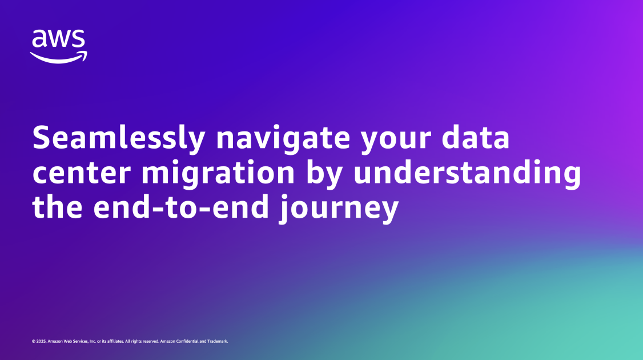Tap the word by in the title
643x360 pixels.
click(x=323, y=173)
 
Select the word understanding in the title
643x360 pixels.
click(x=467, y=173)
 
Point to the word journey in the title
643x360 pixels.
click(x=337, y=207)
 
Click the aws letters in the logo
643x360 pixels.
click(x=58, y=39)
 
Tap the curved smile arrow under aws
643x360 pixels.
click(x=58, y=57)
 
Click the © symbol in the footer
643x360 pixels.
click(x=34, y=341)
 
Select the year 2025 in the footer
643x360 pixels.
click(x=41, y=341)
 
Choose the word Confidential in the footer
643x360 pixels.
click(x=191, y=341)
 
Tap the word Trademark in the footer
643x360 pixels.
click(x=218, y=341)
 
